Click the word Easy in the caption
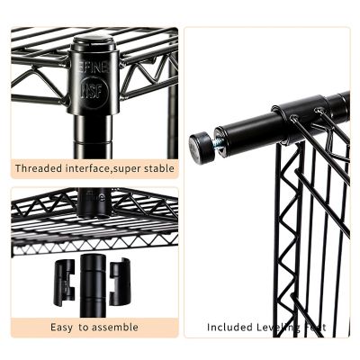point(62,327)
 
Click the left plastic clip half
point(64,282)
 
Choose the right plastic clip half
point(121,281)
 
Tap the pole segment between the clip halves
point(93,279)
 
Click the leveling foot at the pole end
point(202,147)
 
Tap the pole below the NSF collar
point(94,139)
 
